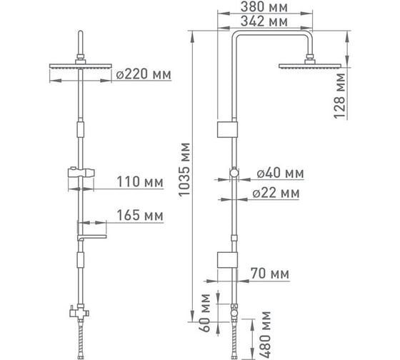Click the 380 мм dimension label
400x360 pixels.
pyautogui.click(x=264, y=7)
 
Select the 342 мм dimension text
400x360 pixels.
pyautogui.click(x=264, y=21)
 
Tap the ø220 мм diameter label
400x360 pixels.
pyautogui.click(x=144, y=74)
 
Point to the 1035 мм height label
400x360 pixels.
pyautogui.click(x=184, y=169)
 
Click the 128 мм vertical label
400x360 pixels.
pyautogui.click(x=339, y=96)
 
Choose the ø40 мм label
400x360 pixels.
pyautogui.click(x=280, y=174)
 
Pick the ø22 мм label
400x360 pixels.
pyautogui.click(x=276, y=193)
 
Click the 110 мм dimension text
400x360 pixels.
pyautogui.click(x=140, y=182)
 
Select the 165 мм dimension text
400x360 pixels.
pyautogui.click(x=140, y=215)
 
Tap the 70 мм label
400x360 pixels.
pyautogui.click(x=270, y=274)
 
